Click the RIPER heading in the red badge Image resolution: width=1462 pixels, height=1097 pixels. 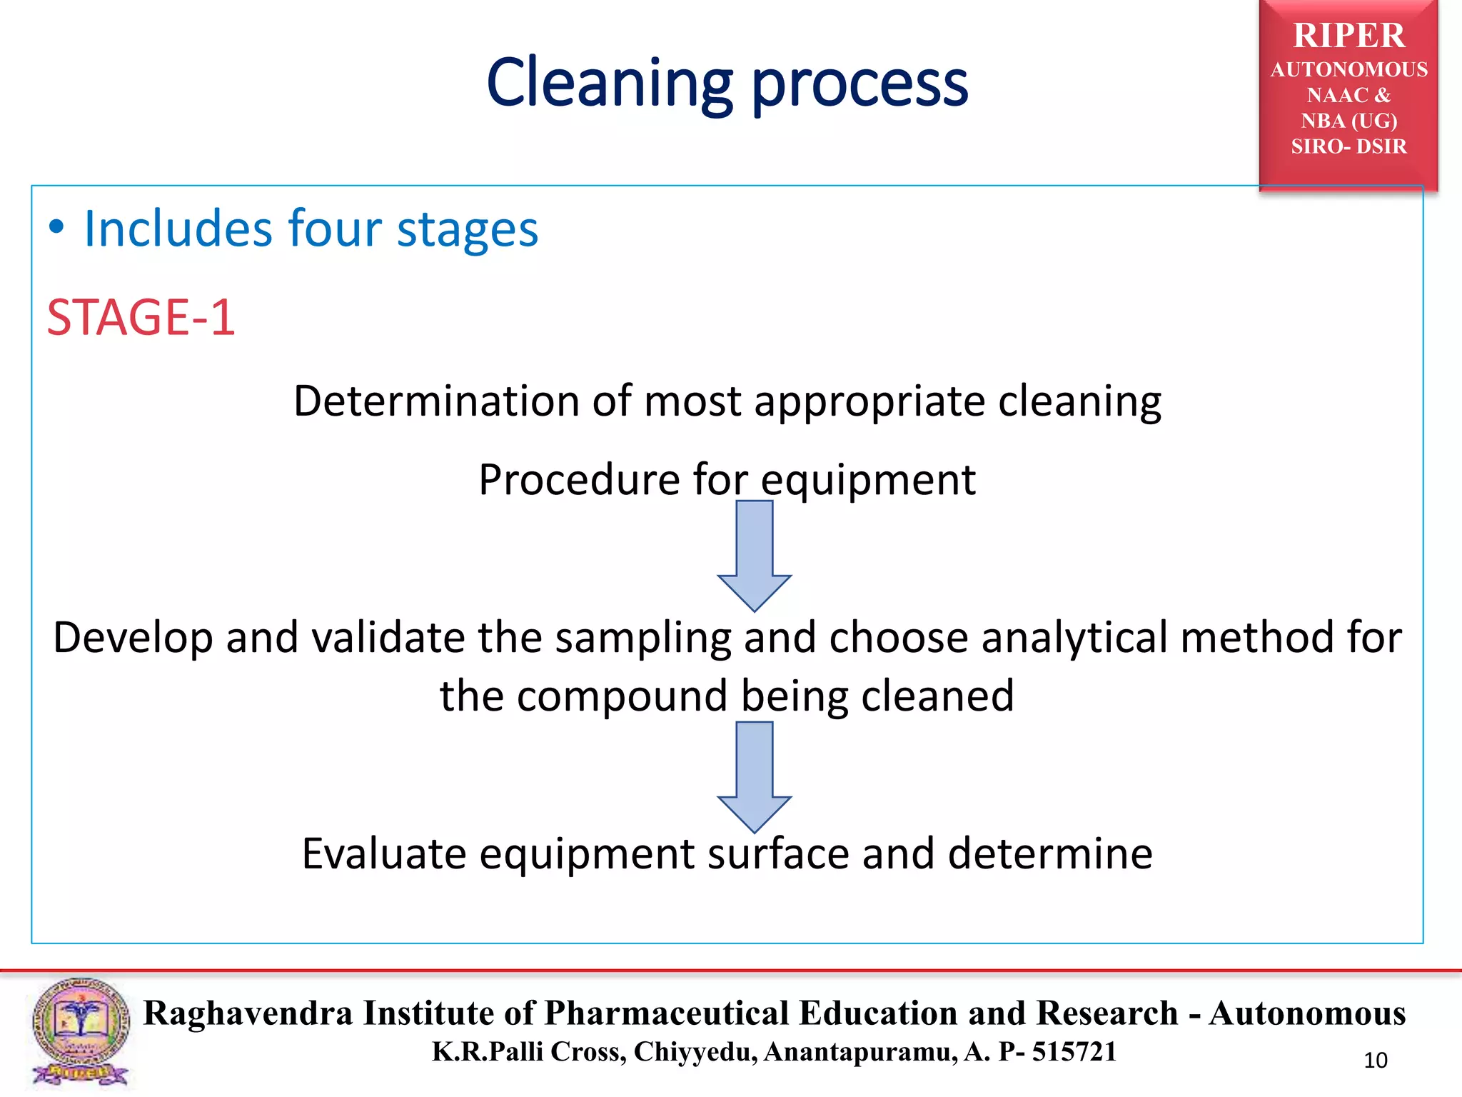tap(1348, 36)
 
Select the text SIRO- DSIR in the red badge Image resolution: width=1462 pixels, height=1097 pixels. tap(1348, 146)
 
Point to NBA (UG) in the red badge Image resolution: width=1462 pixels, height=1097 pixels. tap(1348, 121)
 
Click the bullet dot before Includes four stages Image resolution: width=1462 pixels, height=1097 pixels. tap(56, 229)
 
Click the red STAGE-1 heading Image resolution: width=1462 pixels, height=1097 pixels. tap(141, 317)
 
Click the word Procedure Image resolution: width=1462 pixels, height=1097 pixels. tap(579, 479)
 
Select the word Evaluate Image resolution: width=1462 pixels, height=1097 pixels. tap(383, 853)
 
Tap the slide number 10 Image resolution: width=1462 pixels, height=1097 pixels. tap(1375, 1061)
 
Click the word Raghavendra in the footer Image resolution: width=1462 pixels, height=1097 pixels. tap(248, 1013)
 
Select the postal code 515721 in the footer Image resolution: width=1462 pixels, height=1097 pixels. tap(1074, 1052)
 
